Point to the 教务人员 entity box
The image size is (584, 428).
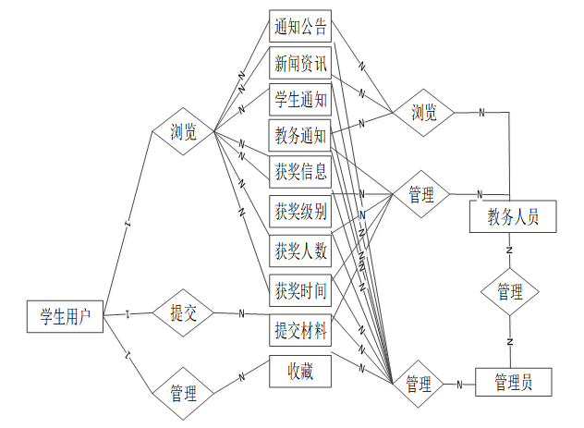tap(512, 219)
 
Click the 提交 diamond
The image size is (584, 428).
tap(183, 312)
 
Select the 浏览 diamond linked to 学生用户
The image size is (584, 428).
tap(183, 132)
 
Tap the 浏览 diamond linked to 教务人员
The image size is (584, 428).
tap(423, 114)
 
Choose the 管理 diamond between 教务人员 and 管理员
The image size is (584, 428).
tap(510, 291)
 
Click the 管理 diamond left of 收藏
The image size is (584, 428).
tap(183, 394)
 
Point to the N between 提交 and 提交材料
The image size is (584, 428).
tap(242, 313)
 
